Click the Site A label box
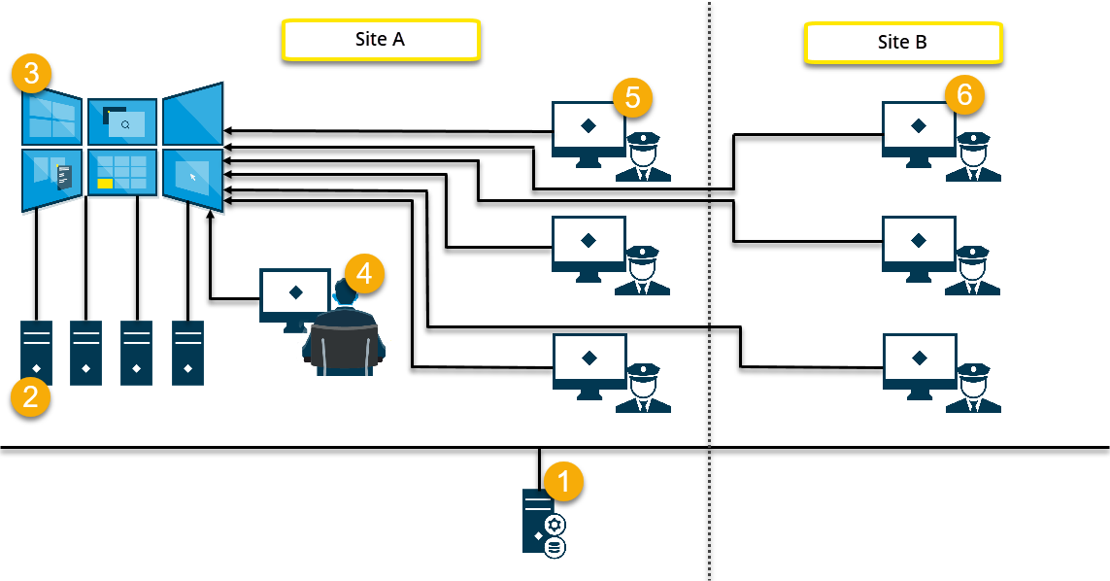[380, 40]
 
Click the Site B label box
[902, 42]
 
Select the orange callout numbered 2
[31, 397]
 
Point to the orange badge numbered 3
[32, 74]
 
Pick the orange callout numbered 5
[633, 98]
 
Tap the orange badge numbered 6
[964, 95]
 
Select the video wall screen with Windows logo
[51, 120]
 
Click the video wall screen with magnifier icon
[123, 122]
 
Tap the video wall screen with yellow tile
[122, 173]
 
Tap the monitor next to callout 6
[918, 129]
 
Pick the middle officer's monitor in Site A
[588, 243]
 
